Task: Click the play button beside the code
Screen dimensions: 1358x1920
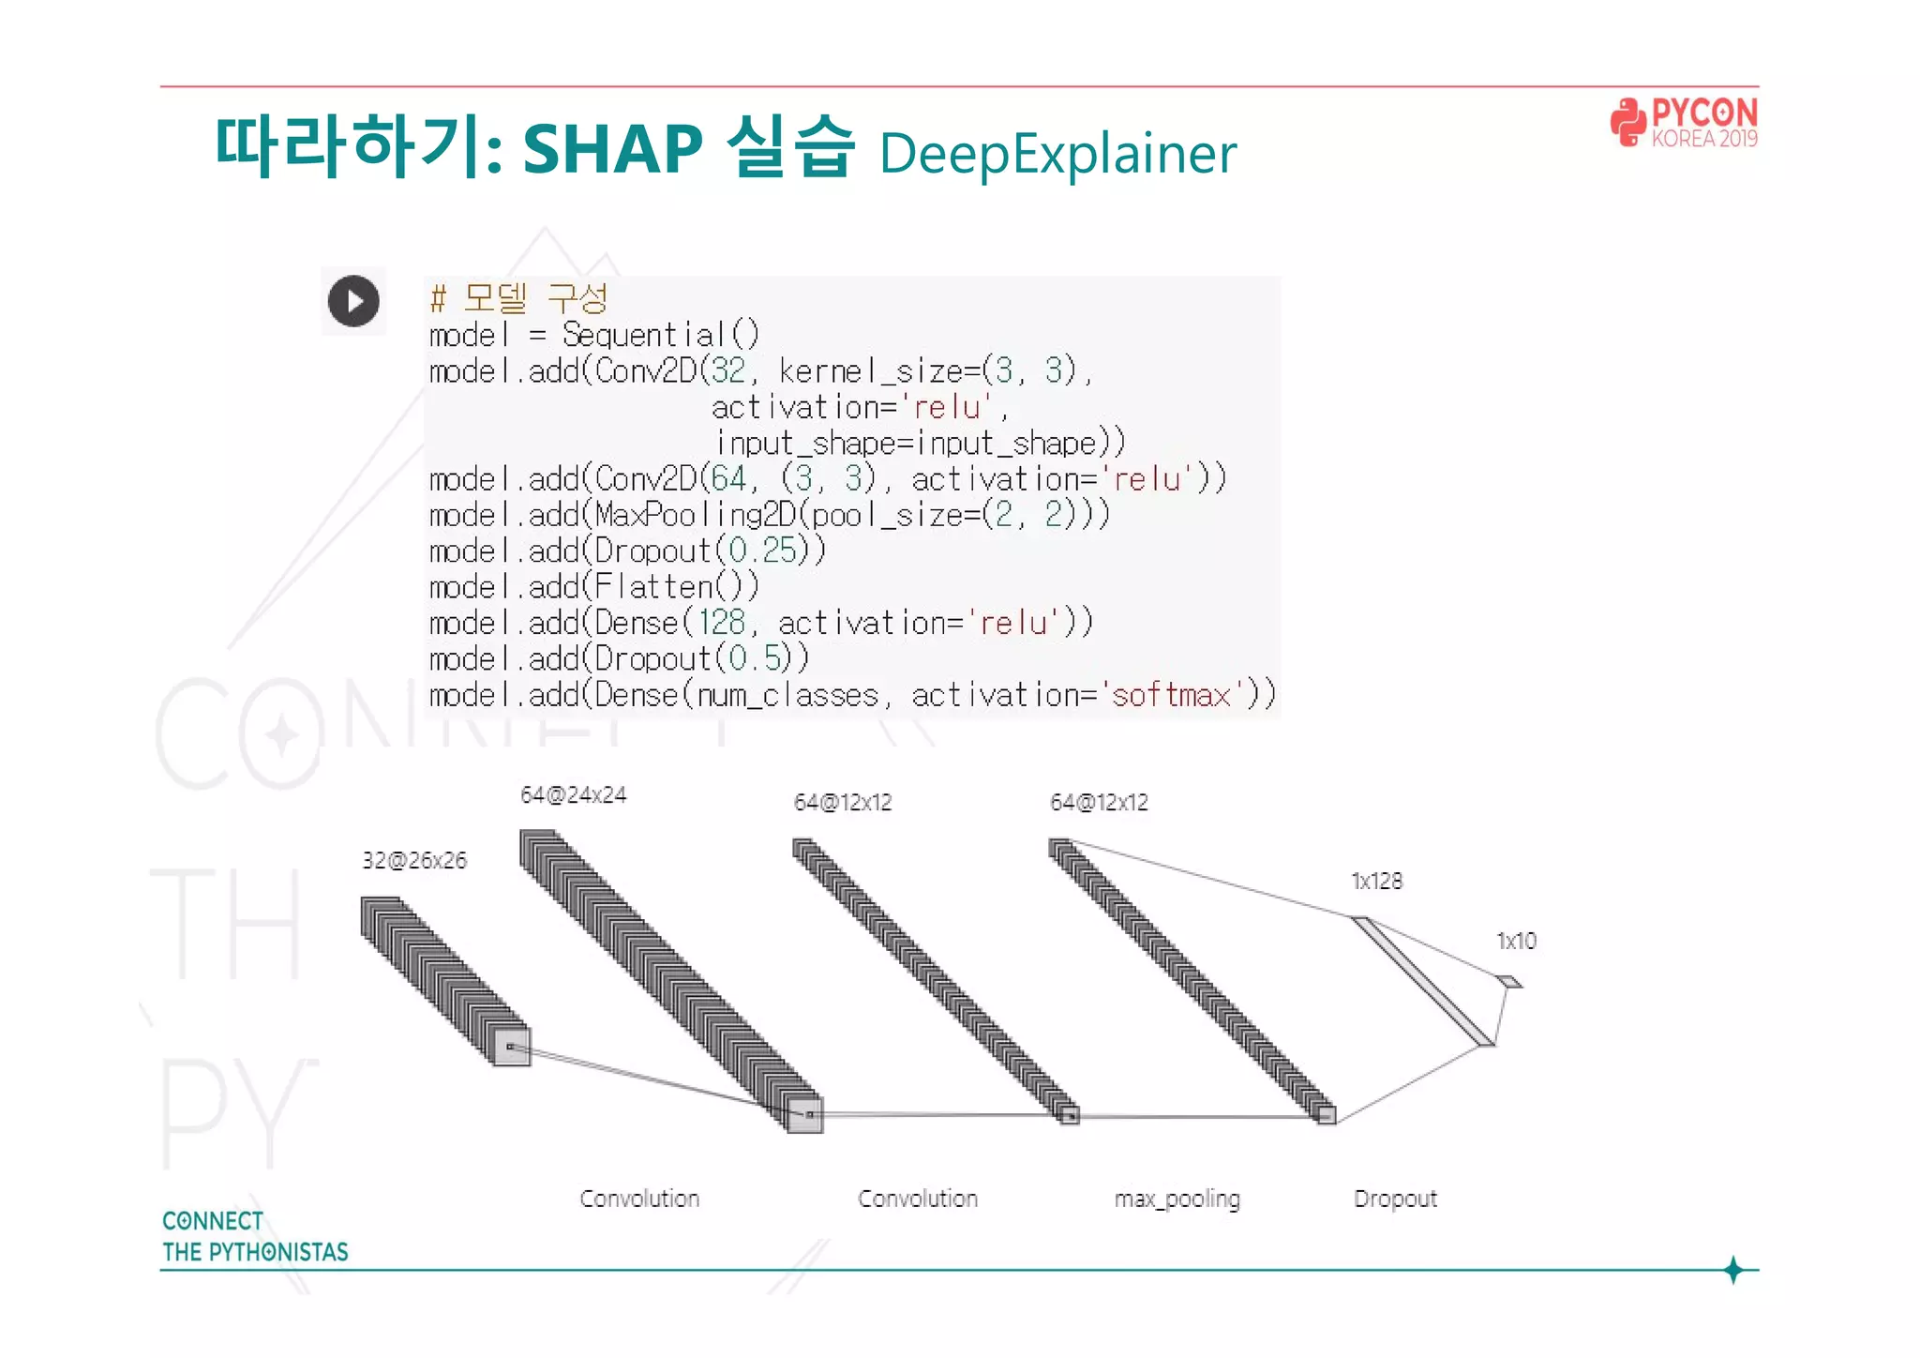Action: (x=353, y=301)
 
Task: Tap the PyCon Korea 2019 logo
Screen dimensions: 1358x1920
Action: (x=1684, y=123)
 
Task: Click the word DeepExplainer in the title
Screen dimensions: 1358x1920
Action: (x=1057, y=154)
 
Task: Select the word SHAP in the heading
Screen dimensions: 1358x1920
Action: (x=612, y=149)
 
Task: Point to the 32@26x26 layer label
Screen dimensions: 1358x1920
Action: (x=414, y=860)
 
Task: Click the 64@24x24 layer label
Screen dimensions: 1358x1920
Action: (x=573, y=795)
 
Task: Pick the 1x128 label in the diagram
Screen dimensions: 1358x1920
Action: (x=1376, y=881)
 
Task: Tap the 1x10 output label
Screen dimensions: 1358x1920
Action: (x=1516, y=941)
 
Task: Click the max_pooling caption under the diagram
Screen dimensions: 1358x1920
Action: (x=1177, y=1199)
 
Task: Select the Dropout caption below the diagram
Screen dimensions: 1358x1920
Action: (x=1395, y=1199)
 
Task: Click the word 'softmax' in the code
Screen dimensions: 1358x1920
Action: (x=1170, y=695)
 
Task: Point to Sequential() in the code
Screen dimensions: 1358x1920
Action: (x=660, y=334)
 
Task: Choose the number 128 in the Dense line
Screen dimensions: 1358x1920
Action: (x=721, y=623)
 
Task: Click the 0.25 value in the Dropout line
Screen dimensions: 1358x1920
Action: (x=762, y=551)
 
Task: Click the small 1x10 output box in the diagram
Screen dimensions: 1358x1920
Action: (x=1509, y=982)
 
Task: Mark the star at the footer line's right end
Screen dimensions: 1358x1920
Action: (x=1732, y=1270)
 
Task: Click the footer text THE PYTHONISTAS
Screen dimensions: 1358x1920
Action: (x=255, y=1252)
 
